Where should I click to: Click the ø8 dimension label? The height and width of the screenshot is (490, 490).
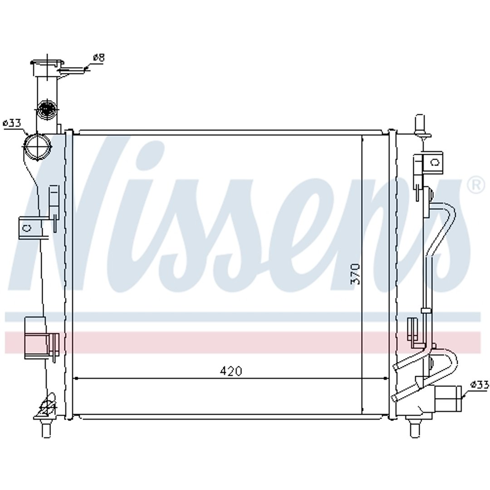[99, 58]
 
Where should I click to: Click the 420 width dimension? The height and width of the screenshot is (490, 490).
[231, 371]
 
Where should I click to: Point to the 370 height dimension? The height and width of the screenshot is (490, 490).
[356, 274]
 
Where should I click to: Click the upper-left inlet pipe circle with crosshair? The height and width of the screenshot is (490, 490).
[38, 147]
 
